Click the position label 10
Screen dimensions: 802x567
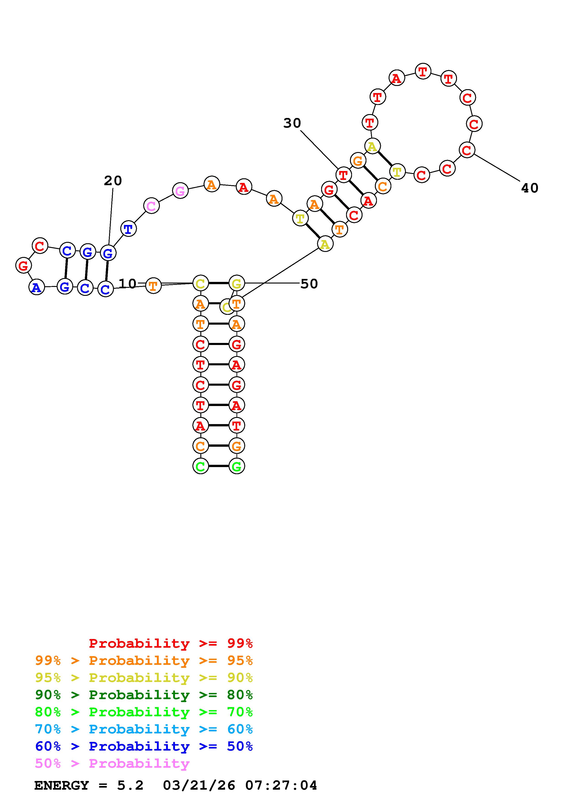(128, 284)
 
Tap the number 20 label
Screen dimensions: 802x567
(113, 181)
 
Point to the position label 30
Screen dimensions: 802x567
(292, 123)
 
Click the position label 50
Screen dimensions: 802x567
(309, 284)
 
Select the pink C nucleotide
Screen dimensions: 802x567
(151, 206)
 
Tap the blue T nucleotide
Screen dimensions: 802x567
(128, 229)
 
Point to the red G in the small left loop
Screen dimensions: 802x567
(23, 265)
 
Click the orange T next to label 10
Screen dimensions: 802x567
(153, 286)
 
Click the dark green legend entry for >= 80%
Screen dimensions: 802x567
(144, 695)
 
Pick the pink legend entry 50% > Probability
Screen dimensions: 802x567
(112, 764)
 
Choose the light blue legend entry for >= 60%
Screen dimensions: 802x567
(144, 729)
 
